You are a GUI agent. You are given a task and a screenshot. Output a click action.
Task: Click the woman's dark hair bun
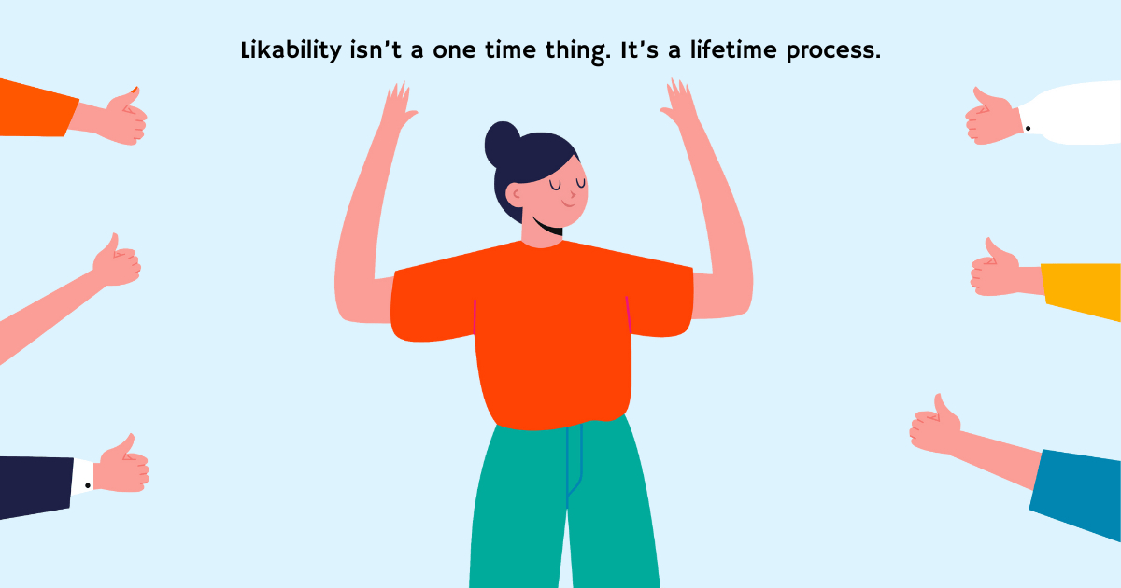pos(502,142)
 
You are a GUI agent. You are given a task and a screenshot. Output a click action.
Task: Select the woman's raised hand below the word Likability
pos(397,105)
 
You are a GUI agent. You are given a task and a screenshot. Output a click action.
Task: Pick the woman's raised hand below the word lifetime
pos(681,105)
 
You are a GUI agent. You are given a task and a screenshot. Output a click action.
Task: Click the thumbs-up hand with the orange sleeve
pos(120,117)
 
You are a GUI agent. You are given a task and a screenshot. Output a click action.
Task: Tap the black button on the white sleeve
pos(1028,128)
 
